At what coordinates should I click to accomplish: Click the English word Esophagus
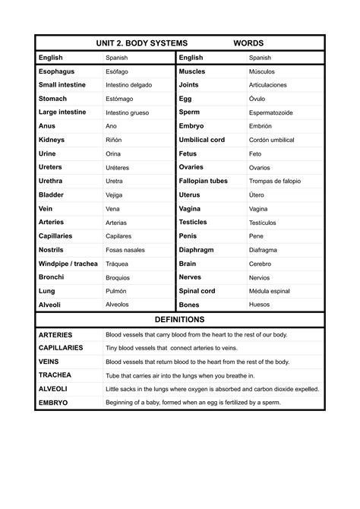57,71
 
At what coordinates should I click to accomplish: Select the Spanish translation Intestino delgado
129,85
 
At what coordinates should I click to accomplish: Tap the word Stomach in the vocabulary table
53,99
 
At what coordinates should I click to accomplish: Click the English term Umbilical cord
202,140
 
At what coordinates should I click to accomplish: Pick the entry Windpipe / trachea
68,264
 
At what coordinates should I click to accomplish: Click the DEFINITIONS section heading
180,320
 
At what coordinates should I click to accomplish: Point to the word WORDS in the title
249,43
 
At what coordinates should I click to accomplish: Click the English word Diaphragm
197,250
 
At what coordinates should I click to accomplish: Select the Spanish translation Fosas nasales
125,250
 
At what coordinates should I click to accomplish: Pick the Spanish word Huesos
260,305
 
